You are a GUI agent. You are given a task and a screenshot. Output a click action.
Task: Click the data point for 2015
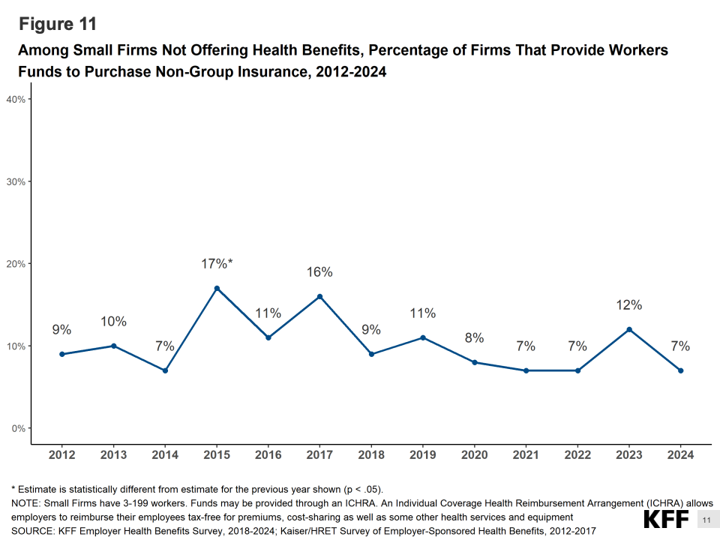(x=217, y=288)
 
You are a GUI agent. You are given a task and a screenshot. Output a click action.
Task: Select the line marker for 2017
(x=319, y=296)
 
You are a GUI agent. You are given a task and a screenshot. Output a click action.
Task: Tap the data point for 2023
(x=629, y=329)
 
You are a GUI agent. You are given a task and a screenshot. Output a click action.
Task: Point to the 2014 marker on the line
(x=165, y=370)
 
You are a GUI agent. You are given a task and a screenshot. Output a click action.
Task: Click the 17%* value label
(x=217, y=264)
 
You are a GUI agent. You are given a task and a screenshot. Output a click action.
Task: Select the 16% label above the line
(x=319, y=272)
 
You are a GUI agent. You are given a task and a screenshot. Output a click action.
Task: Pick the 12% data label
(x=629, y=305)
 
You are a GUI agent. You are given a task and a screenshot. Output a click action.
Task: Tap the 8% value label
(x=474, y=338)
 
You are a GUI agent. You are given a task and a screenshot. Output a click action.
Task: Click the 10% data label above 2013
(x=113, y=322)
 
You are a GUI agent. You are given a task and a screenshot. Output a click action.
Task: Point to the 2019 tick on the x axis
(x=423, y=454)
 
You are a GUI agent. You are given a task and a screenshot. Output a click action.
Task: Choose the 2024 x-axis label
(x=681, y=454)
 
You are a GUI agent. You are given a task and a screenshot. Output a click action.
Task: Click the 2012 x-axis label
(x=61, y=454)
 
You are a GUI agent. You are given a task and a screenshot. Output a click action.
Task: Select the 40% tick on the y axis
(x=16, y=99)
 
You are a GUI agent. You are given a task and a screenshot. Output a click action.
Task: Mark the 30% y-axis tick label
(x=16, y=181)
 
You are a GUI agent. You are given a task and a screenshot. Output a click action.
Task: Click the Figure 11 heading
(x=58, y=24)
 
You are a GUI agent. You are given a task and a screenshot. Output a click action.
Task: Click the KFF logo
(x=667, y=520)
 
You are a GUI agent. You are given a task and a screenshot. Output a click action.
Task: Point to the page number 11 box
(x=706, y=520)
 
